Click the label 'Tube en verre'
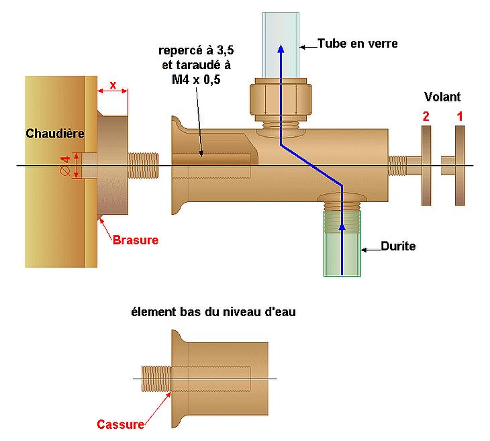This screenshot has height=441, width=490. pos(358,44)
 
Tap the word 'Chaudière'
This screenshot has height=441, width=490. pos(55,134)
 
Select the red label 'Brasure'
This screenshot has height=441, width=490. pos(135,240)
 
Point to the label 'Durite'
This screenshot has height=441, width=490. pos(398,246)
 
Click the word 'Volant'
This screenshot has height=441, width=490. pos(442,97)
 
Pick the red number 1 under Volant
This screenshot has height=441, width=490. pos(459,116)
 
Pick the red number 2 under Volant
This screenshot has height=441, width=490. pos(425,116)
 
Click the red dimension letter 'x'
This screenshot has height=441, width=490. pos(113,85)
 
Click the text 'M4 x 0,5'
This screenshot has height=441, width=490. pos(196,79)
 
